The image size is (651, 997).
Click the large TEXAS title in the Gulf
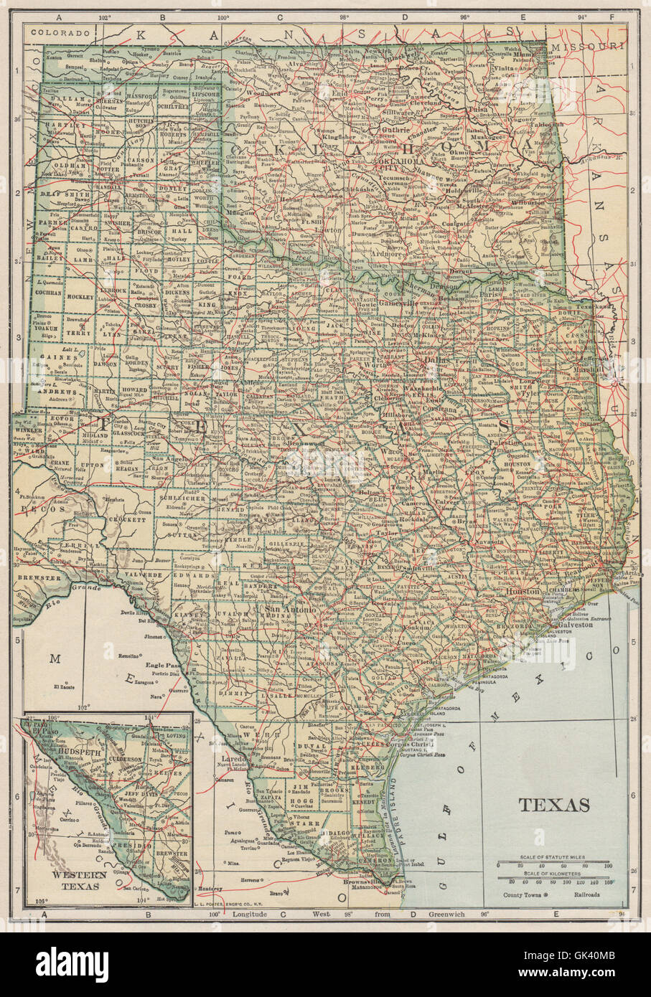[x=553, y=805]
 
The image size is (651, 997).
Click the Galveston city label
[x=572, y=625]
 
